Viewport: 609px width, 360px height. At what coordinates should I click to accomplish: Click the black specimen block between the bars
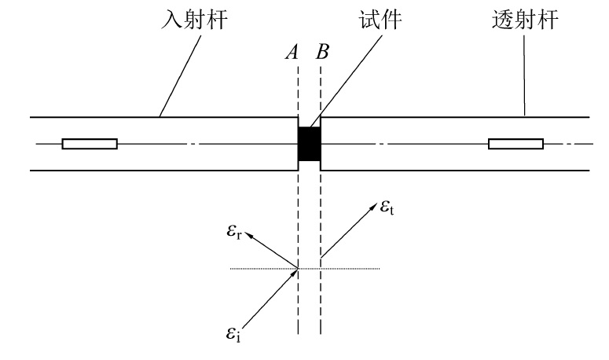309,144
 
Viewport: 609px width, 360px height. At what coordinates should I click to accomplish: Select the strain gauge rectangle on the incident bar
90,144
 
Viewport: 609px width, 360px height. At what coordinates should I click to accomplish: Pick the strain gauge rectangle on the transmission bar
515,144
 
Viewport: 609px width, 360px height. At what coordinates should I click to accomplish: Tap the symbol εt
388,209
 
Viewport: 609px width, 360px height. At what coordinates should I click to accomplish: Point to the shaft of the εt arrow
346,230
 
